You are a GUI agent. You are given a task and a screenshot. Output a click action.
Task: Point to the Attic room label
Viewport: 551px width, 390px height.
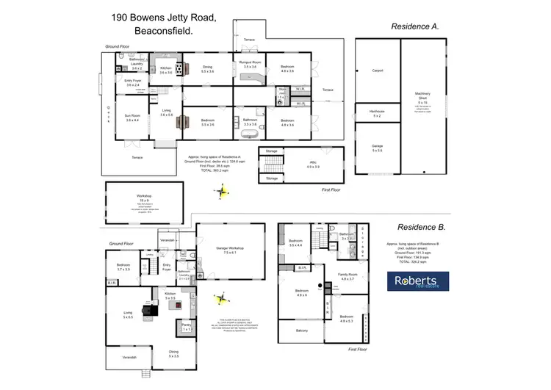click(x=312, y=165)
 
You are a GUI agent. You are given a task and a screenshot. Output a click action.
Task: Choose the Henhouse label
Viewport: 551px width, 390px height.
click(x=376, y=114)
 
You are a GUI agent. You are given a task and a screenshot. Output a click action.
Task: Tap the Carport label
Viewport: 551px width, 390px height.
click(x=378, y=71)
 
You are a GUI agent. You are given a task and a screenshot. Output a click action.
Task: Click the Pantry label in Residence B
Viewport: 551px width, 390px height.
click(x=187, y=327)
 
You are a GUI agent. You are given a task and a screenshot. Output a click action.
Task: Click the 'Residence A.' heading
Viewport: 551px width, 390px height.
click(x=413, y=26)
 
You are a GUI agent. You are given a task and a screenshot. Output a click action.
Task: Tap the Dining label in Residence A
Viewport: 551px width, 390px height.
click(x=207, y=68)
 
